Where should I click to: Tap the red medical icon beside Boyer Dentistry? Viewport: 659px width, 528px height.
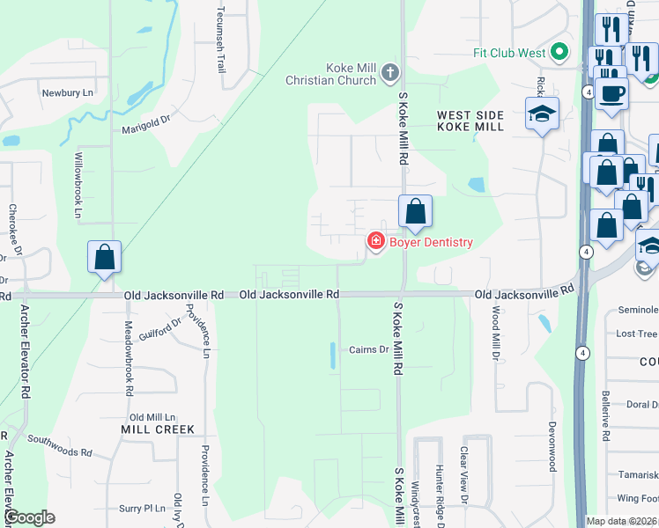375,241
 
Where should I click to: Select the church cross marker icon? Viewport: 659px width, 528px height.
390,75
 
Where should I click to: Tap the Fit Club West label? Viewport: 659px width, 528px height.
509,53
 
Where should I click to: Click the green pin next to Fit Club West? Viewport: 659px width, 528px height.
559,53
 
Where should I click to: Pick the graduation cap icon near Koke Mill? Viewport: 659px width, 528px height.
543,114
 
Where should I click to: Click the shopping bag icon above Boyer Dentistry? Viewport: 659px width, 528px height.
415,212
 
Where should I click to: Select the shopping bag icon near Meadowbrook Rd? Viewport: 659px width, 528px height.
104,258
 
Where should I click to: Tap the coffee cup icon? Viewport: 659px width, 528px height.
611,93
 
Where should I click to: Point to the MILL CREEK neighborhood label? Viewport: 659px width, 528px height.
157,429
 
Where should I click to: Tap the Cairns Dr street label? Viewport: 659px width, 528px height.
368,349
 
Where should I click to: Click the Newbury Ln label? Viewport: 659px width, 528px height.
67,92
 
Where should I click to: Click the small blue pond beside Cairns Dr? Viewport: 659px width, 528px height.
332,356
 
